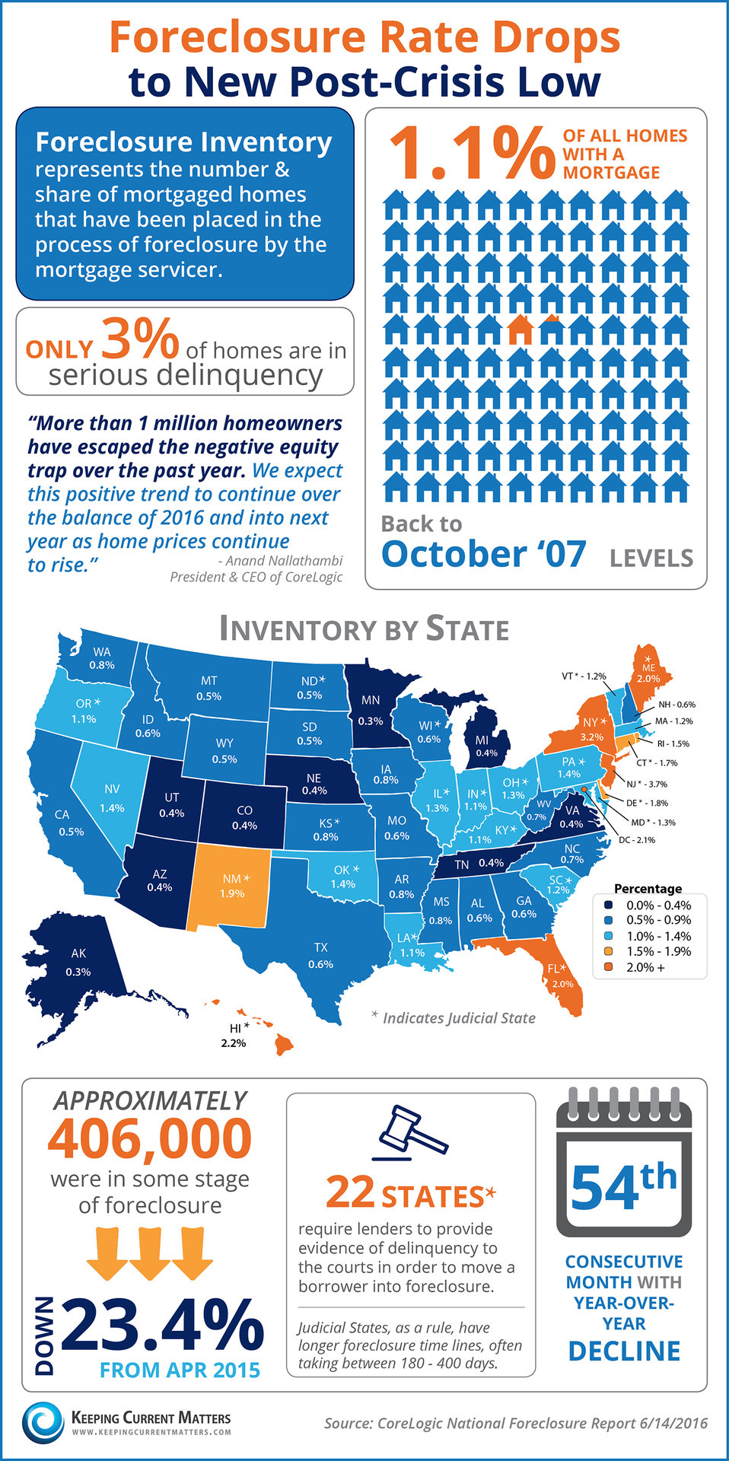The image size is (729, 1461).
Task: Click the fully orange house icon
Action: [520, 329]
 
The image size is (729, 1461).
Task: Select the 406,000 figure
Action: [150, 1139]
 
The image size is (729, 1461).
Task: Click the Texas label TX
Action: [320, 947]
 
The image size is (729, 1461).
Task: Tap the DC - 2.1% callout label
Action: [637, 840]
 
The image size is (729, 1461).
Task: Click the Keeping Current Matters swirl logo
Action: [43, 1422]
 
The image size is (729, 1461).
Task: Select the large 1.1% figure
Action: [472, 153]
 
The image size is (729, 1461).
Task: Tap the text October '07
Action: [484, 554]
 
